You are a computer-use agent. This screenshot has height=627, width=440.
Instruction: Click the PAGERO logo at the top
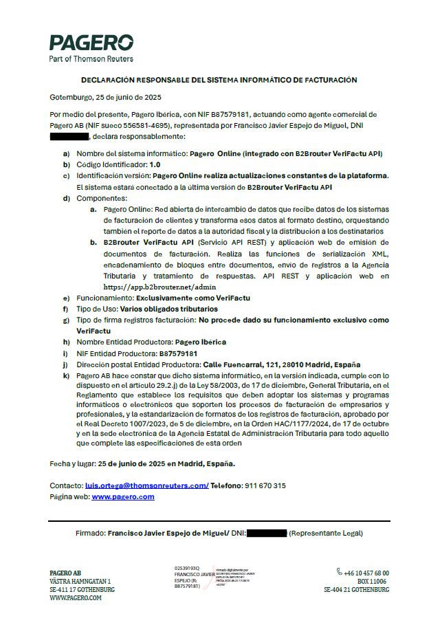91,43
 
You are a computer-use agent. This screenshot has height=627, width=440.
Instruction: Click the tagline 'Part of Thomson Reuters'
91,59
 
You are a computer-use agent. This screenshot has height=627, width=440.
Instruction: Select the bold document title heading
219,80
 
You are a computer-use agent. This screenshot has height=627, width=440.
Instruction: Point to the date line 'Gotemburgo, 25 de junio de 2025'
106,97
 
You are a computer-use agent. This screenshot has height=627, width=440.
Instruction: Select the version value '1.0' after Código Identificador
155,165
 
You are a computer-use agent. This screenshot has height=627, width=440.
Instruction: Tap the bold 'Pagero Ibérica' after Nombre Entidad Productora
200,342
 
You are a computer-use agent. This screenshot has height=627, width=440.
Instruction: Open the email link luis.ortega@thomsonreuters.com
146,485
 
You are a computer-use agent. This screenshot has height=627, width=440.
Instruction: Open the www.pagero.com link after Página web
123,496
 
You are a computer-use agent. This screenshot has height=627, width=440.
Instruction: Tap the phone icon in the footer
340,572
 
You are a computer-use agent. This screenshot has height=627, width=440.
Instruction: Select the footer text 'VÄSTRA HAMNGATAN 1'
80,582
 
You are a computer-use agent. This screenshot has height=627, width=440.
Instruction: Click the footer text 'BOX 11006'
373,582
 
